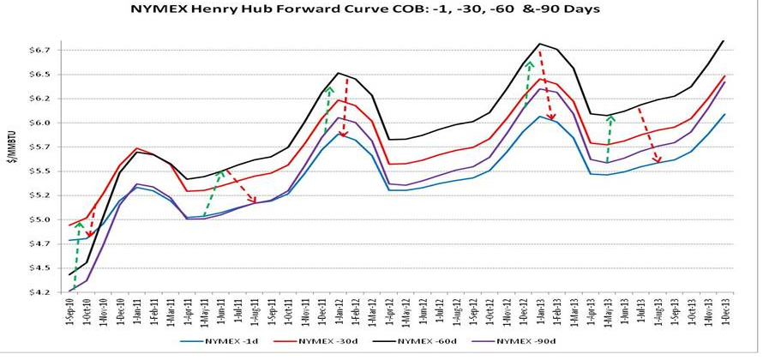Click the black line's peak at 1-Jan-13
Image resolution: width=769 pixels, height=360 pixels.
pos(540,44)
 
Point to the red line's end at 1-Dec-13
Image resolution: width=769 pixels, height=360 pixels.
pos(724,75)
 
